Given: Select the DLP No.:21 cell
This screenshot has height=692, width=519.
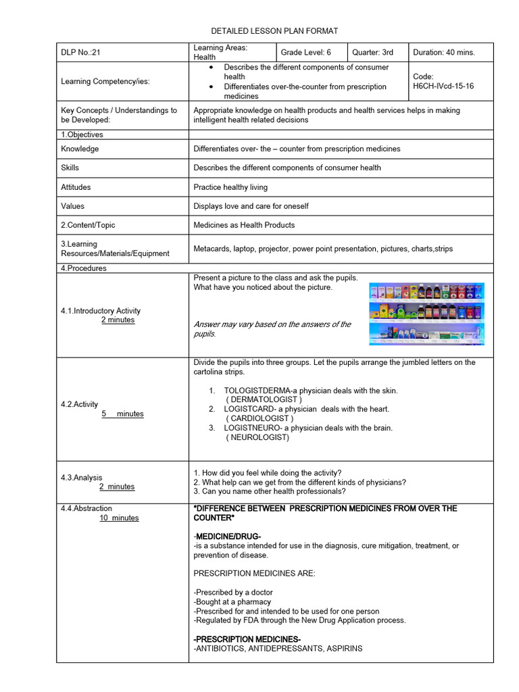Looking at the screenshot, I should [x=80, y=52].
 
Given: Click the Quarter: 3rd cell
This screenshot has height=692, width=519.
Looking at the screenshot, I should [x=372, y=52].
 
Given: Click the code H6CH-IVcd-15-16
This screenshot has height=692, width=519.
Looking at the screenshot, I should [x=443, y=86].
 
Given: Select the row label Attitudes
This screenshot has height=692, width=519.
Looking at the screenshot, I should [x=76, y=187].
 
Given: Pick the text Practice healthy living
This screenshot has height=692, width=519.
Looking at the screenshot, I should [x=230, y=187].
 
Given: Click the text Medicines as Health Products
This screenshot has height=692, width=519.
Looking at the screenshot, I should [x=244, y=225].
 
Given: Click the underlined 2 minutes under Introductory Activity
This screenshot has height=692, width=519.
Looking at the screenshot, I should [x=118, y=320].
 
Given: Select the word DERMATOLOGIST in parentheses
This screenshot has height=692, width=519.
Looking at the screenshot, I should [x=264, y=399].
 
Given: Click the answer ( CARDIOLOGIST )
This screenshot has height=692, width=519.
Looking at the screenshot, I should [x=259, y=418].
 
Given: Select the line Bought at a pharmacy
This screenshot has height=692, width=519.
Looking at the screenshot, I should [x=232, y=601].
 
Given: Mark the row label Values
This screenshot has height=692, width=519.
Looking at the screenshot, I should [x=73, y=206].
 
